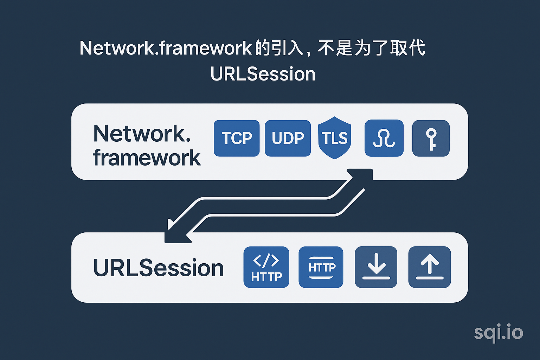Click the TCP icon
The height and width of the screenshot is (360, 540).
point(237,138)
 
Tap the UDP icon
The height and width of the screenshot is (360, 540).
point(288,138)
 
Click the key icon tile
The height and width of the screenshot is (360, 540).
point(431,138)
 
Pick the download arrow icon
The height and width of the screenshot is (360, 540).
point(376,267)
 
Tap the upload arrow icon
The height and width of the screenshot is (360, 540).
point(429,267)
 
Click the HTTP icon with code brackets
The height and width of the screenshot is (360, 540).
point(266,267)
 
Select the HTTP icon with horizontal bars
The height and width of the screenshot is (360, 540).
point(321,267)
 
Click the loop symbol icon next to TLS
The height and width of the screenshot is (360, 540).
point(384,138)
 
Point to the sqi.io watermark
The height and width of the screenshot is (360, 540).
point(498,333)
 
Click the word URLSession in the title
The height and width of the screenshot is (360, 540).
point(263,74)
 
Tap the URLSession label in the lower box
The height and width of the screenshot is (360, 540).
point(158,268)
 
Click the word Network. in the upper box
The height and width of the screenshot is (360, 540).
point(142,134)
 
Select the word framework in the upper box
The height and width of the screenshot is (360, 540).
point(147,158)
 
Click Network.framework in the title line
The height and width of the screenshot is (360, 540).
point(166,48)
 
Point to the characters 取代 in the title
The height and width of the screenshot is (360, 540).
point(408,48)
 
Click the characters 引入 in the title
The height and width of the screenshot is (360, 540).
point(288,48)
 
